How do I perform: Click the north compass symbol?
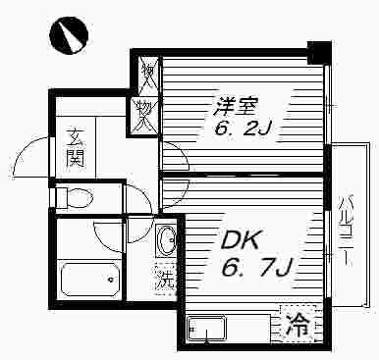click(x=69, y=35)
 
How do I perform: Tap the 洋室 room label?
click(x=237, y=107)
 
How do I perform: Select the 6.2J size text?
click(x=243, y=129)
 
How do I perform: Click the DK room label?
click(x=241, y=241)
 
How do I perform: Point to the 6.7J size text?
click(x=256, y=268)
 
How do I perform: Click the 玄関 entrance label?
click(x=76, y=148)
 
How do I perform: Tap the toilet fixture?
click(x=75, y=197)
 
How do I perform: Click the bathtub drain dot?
click(x=111, y=280)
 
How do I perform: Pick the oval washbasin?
click(x=166, y=239)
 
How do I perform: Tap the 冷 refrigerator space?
click(x=298, y=324)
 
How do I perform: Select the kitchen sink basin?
click(x=206, y=328)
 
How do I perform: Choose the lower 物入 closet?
click(x=144, y=116)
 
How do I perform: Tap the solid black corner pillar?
click(x=319, y=52)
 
